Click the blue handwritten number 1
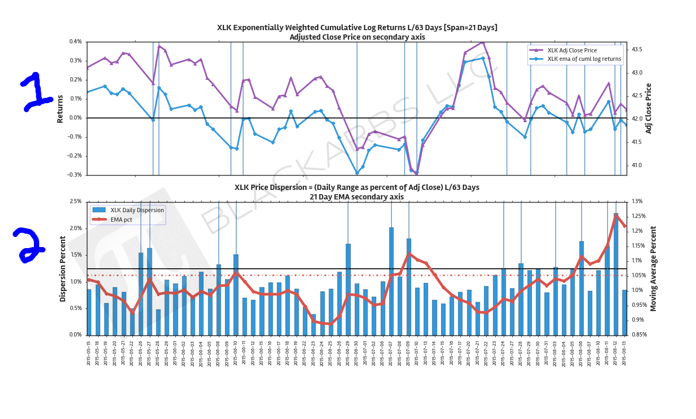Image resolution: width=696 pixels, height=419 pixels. pyautogui.click(x=36, y=92)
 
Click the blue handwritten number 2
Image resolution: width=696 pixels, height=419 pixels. pyautogui.click(x=29, y=244)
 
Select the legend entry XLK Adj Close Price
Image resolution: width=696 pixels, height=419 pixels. pyautogui.click(x=572, y=50)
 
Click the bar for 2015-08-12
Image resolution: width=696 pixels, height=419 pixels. pyautogui.click(x=616, y=274)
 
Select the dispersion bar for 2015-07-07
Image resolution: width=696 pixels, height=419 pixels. pyautogui.click(x=391, y=281)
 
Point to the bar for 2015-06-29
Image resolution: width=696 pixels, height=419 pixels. pyautogui.click(x=348, y=289)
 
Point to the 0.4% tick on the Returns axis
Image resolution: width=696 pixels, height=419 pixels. pyautogui.click(x=75, y=42)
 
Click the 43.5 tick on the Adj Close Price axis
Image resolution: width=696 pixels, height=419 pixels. pyautogui.click(x=637, y=49)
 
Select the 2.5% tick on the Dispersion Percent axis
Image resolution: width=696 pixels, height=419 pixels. pyautogui.click(x=75, y=202)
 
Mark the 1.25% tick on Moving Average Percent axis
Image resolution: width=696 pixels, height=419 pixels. pyautogui.click(x=640, y=216)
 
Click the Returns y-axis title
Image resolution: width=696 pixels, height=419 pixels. pyautogui.click(x=60, y=109)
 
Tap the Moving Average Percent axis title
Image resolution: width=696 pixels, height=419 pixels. pyautogui.click(x=653, y=268)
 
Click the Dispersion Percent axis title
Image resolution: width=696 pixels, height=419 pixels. pyautogui.click(x=63, y=269)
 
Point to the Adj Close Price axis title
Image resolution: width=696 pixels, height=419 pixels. pyautogui.click(x=648, y=108)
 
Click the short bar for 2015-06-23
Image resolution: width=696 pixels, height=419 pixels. pyautogui.click(x=314, y=325)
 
